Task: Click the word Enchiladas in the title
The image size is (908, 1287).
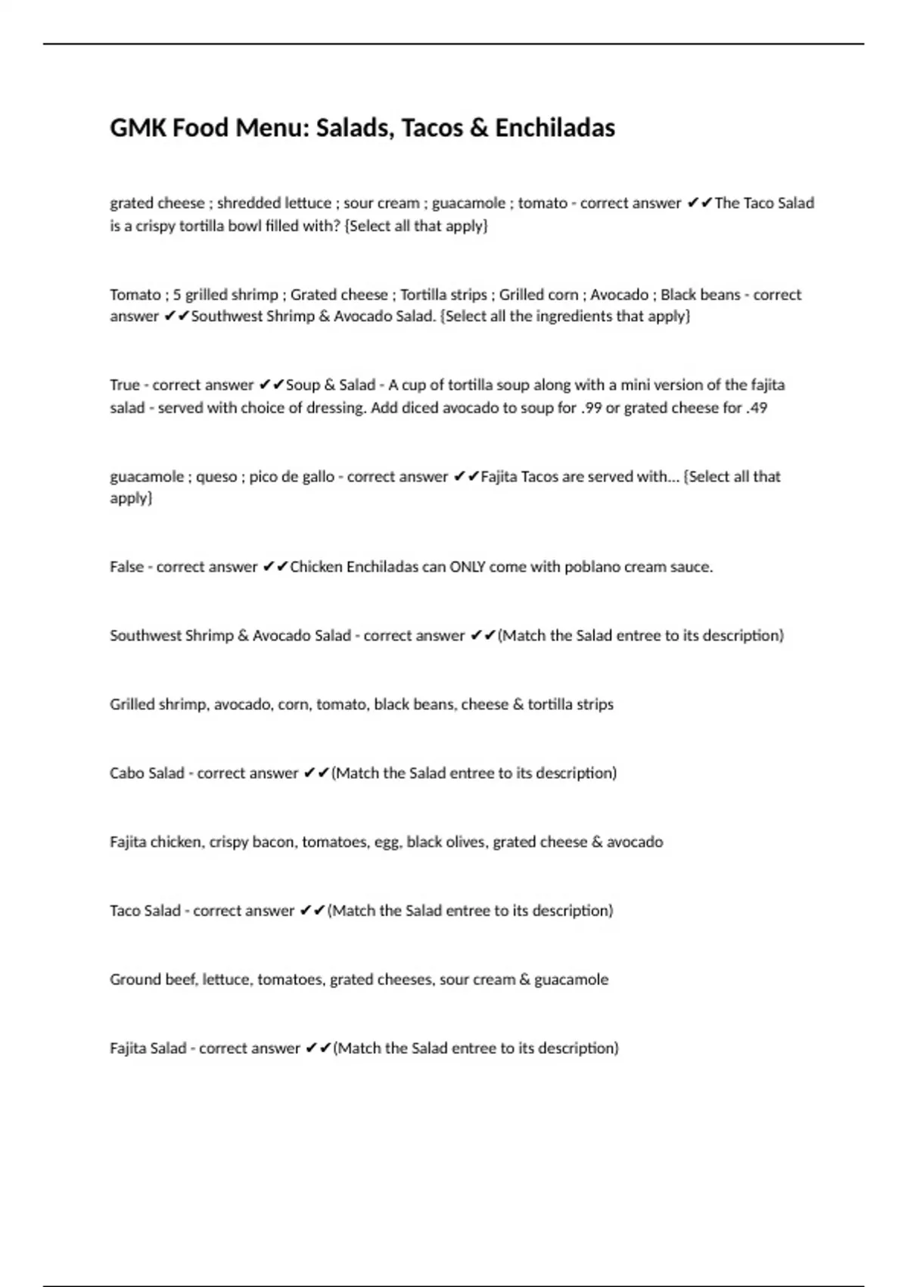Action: coord(555,128)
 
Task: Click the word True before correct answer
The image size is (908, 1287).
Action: coord(125,385)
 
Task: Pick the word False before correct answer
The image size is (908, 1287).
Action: coord(126,567)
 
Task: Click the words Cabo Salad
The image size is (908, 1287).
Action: coord(147,773)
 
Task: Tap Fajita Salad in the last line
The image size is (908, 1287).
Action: coord(148,1049)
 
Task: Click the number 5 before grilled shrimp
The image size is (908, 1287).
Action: coord(177,294)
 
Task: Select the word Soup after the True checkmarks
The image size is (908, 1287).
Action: coord(303,385)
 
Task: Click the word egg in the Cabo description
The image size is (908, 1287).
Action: coord(386,843)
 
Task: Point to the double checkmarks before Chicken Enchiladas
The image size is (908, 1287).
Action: coord(275,567)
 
